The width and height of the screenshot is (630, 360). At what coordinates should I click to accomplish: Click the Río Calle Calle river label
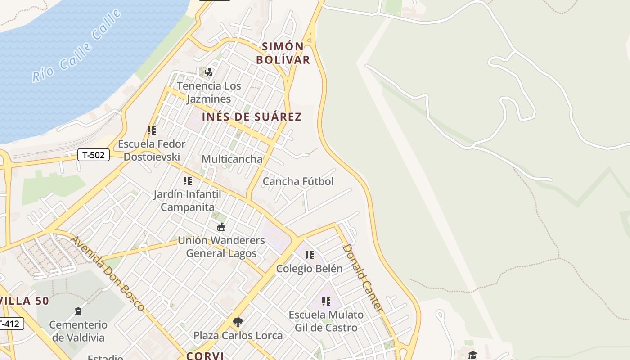pos(77,46)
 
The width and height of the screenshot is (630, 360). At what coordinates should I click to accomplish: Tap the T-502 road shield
pos(94,155)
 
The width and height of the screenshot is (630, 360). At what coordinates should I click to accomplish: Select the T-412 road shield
pos(10,323)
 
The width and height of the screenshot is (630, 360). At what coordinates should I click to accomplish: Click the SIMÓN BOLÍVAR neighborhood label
pos(283,53)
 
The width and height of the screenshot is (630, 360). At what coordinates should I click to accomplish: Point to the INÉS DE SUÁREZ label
pos(252,117)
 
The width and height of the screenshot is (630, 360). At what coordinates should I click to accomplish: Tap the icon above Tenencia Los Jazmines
pos(209,72)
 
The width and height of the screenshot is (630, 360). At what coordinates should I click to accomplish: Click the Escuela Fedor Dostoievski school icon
pos(152,130)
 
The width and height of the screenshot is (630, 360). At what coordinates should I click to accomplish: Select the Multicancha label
pos(232,159)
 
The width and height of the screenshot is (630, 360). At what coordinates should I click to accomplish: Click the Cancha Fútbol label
pos(298,181)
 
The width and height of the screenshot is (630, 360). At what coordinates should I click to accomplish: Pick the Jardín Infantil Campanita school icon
pos(188,181)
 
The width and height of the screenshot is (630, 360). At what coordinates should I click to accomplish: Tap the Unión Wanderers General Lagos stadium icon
pos(221,227)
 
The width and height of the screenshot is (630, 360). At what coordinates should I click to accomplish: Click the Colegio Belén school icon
pos(310,255)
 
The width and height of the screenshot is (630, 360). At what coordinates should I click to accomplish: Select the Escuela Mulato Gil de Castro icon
pos(326,301)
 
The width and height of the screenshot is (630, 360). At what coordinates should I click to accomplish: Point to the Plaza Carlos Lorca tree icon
pos(238,322)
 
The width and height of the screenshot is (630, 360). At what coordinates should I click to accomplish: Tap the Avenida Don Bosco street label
pos(108,274)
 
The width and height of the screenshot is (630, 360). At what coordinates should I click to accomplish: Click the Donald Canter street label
pos(363,279)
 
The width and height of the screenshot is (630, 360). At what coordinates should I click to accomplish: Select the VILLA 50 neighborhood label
pos(24,301)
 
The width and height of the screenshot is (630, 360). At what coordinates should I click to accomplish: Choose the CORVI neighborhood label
pos(205,355)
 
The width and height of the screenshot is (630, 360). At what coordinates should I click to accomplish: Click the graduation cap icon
pos(472,355)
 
